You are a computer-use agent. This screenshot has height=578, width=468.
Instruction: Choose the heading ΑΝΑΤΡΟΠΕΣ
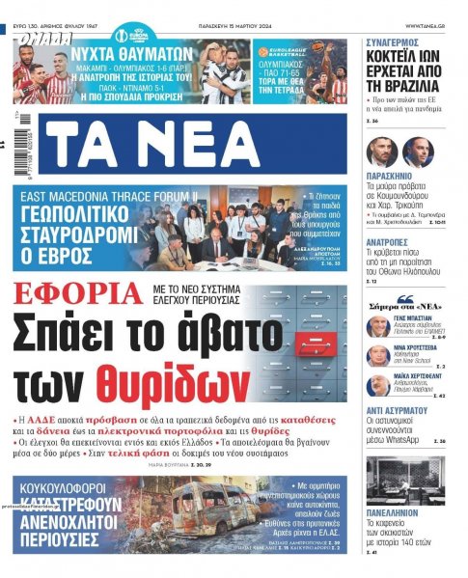click(393, 242)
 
